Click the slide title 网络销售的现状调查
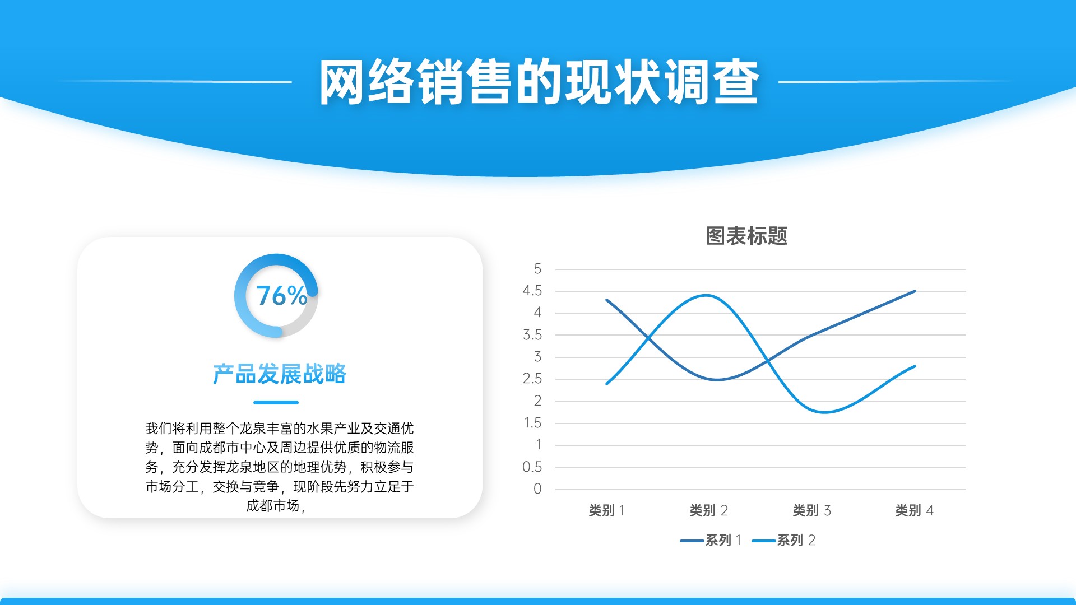click(539, 82)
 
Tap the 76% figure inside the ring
click(281, 296)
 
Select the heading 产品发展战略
click(279, 374)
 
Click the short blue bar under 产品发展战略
click(276, 402)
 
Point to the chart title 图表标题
click(746, 236)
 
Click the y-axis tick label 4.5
click(532, 291)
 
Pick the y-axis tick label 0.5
click(532, 467)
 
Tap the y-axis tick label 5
click(537, 269)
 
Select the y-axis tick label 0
click(537, 489)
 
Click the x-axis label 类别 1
click(607, 510)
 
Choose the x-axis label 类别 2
click(708, 510)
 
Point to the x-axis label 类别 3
click(811, 510)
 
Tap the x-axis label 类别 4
click(914, 510)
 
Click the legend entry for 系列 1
click(711, 540)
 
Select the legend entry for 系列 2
click(783, 540)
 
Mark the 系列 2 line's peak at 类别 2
click(707, 295)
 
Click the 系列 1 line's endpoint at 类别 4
click(915, 291)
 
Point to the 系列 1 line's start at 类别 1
click(606, 300)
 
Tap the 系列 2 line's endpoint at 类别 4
click(915, 366)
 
